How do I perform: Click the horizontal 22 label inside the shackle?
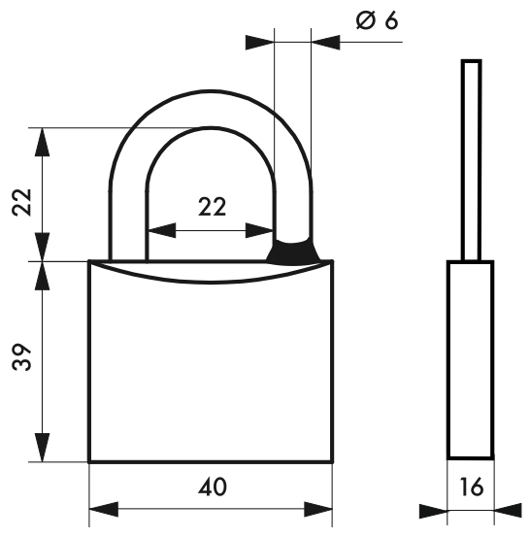coord(212,206)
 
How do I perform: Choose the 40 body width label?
coord(213,486)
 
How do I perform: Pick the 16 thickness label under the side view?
coord(470,486)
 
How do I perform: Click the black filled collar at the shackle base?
coord(293,251)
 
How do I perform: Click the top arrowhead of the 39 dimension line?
coord(42,276)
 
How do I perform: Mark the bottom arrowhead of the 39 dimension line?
coord(42,448)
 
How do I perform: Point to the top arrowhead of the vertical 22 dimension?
coord(42,143)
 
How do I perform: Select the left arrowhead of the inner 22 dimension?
coord(161,231)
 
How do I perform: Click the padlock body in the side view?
coord(470,359)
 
